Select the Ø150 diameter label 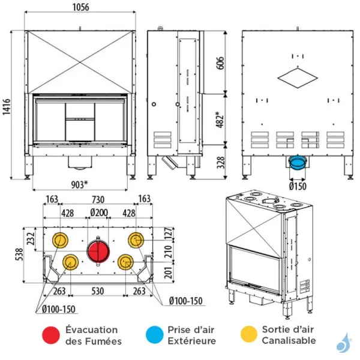[298, 185]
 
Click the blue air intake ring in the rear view [297, 161]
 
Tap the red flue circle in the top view [98, 251]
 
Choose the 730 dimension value [97, 199]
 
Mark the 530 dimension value [97, 291]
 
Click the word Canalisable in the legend [289, 341]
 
